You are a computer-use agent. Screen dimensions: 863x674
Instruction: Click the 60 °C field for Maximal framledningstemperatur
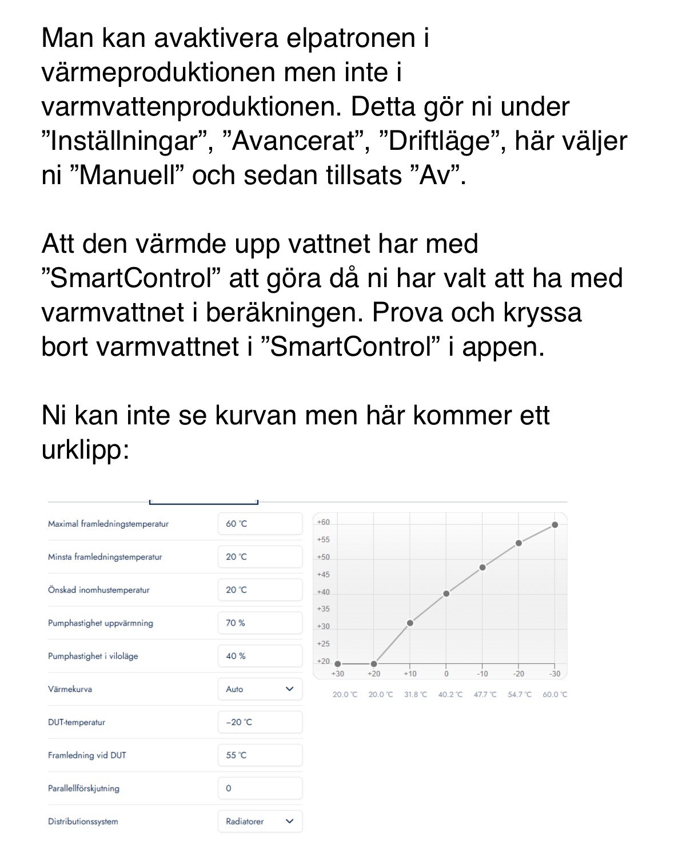[x=260, y=524]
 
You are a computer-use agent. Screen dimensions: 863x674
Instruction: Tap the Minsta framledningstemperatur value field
[x=260, y=557]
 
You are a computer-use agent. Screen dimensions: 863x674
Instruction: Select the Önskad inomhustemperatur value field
[x=260, y=590]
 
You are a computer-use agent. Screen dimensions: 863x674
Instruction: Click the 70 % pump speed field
[x=260, y=623]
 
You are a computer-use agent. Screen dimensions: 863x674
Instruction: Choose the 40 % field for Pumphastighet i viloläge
[x=260, y=657]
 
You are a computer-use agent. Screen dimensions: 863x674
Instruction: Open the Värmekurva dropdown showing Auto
[x=260, y=690]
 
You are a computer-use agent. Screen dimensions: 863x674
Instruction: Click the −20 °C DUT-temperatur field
[x=260, y=722]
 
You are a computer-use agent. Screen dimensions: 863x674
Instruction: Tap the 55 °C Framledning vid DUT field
[x=260, y=755]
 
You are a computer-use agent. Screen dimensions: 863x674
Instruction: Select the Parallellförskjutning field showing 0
[x=260, y=789]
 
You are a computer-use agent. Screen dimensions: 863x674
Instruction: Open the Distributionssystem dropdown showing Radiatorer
[x=260, y=822]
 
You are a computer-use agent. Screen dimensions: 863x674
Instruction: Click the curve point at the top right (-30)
[x=555, y=525]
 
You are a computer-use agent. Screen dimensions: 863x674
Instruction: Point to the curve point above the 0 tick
[x=446, y=594]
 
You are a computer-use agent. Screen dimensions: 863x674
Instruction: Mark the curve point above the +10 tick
[x=410, y=623]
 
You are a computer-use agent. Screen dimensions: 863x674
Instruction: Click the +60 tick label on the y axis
[x=324, y=522]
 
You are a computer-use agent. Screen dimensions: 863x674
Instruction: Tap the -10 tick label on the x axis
[x=482, y=674]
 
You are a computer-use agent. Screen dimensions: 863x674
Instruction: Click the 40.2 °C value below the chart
[x=450, y=695]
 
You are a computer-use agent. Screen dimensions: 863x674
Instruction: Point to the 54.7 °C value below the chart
[x=520, y=695]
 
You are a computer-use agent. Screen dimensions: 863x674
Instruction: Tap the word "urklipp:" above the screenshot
[x=86, y=451]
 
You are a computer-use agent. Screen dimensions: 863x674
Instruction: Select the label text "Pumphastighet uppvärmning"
[x=101, y=623]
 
